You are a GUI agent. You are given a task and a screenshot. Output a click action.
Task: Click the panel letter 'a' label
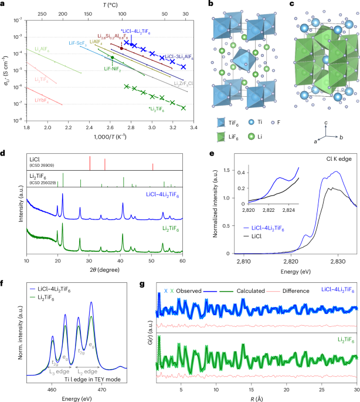[x=4, y=4]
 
